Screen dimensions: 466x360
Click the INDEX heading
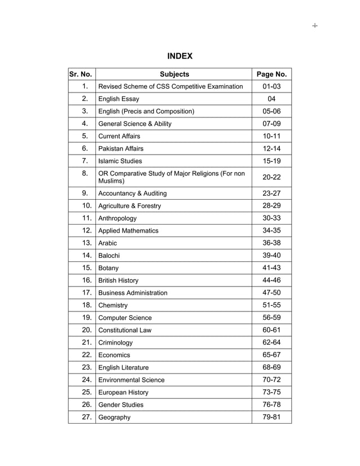(x=180, y=56)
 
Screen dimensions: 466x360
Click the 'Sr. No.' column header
(x=81, y=74)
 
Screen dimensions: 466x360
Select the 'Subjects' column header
(x=174, y=74)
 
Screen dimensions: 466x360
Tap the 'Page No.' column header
(x=271, y=74)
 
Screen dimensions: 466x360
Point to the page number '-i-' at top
(x=314, y=26)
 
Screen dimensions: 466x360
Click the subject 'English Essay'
(x=118, y=99)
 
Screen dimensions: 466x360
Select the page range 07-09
(x=271, y=124)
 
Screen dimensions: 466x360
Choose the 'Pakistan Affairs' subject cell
(x=121, y=148)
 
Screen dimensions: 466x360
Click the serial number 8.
(x=85, y=173)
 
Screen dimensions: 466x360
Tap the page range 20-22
(x=271, y=177)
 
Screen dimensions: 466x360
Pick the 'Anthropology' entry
(x=117, y=218)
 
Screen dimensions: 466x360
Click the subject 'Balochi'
(x=109, y=256)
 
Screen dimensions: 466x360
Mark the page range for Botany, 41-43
(x=271, y=268)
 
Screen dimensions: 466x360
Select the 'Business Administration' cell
(x=133, y=293)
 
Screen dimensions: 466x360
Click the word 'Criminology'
(x=116, y=342)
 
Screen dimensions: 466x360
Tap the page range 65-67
(x=271, y=355)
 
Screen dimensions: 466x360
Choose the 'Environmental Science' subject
(x=131, y=380)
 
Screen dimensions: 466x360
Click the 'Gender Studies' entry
(x=121, y=405)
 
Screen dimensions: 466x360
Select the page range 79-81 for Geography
(x=271, y=417)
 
